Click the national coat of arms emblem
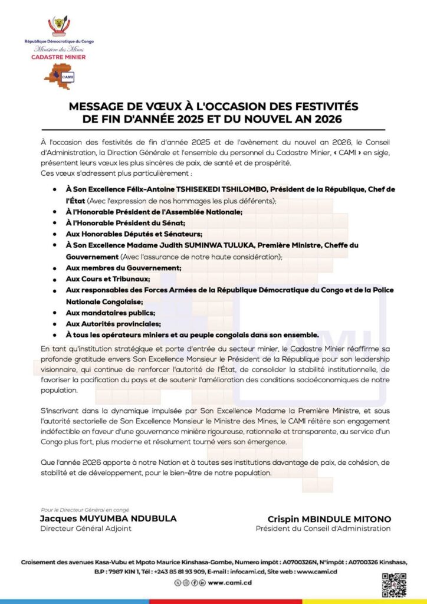(58, 25)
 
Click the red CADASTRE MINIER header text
(58, 57)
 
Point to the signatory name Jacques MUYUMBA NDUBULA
(108, 518)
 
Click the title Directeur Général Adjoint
(86, 528)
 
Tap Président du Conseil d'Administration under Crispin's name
(323, 528)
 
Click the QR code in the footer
(393, 583)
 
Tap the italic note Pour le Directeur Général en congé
(85, 510)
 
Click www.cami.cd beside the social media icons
(231, 583)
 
